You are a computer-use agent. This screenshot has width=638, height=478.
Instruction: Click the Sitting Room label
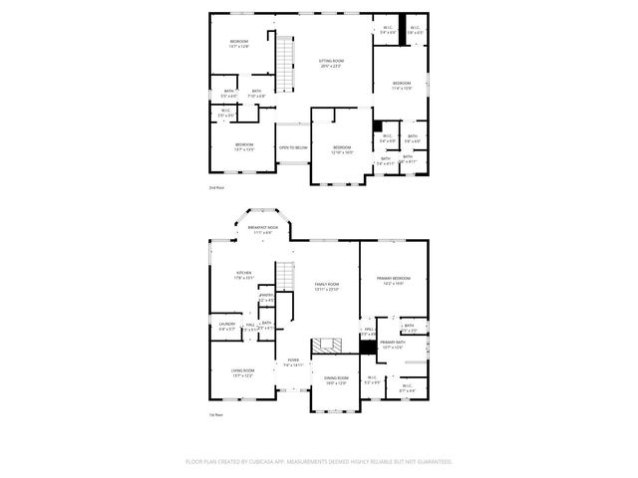tap(331, 62)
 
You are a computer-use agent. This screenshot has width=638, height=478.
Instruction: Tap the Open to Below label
tap(293, 147)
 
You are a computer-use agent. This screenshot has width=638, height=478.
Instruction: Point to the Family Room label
tap(327, 286)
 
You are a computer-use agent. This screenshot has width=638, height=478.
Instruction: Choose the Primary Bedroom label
tap(390, 279)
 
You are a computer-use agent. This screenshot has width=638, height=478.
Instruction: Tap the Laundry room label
tap(226, 324)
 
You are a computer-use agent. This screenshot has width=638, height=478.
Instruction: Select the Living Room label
tap(242, 373)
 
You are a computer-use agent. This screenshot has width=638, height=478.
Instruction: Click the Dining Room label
tap(336, 379)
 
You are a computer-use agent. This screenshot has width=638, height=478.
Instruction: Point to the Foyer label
tap(293, 361)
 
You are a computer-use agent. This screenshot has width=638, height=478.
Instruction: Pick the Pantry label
tap(266, 296)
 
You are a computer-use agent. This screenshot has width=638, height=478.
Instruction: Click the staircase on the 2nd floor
tap(286, 62)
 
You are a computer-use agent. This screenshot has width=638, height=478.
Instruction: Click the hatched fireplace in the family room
tap(326, 346)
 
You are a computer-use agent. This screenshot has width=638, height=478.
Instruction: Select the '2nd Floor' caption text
tap(215, 186)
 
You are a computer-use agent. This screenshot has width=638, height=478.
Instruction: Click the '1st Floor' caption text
tap(215, 414)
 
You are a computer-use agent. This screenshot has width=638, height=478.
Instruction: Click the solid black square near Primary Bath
tap(369, 347)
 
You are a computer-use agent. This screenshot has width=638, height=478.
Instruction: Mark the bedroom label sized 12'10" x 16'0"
tap(342, 149)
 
